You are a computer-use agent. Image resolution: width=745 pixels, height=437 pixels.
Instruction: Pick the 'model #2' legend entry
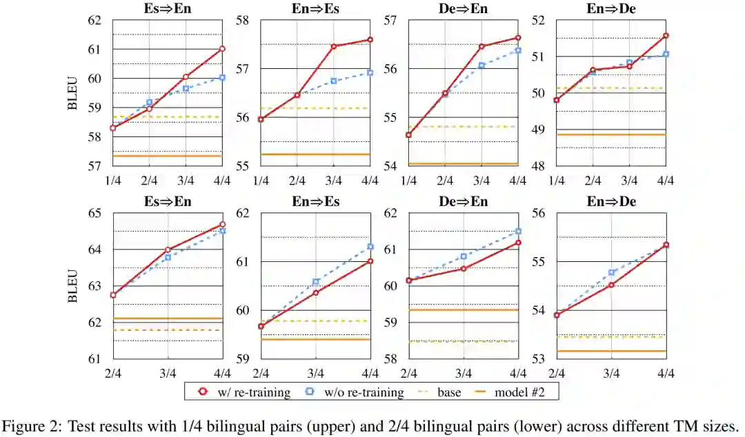coord(513,392)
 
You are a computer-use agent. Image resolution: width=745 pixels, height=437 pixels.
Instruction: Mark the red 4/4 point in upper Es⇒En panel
coord(222,49)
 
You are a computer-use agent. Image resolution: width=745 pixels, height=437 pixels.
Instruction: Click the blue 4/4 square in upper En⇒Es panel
coord(370,72)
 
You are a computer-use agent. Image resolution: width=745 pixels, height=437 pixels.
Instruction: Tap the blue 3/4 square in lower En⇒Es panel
coord(316,282)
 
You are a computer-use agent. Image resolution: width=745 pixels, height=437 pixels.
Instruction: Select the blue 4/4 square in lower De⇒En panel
coord(518,232)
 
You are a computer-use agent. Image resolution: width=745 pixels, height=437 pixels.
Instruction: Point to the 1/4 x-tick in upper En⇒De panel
coord(557,180)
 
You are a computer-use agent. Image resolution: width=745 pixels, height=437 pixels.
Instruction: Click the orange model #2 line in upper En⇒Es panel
coord(316,154)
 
